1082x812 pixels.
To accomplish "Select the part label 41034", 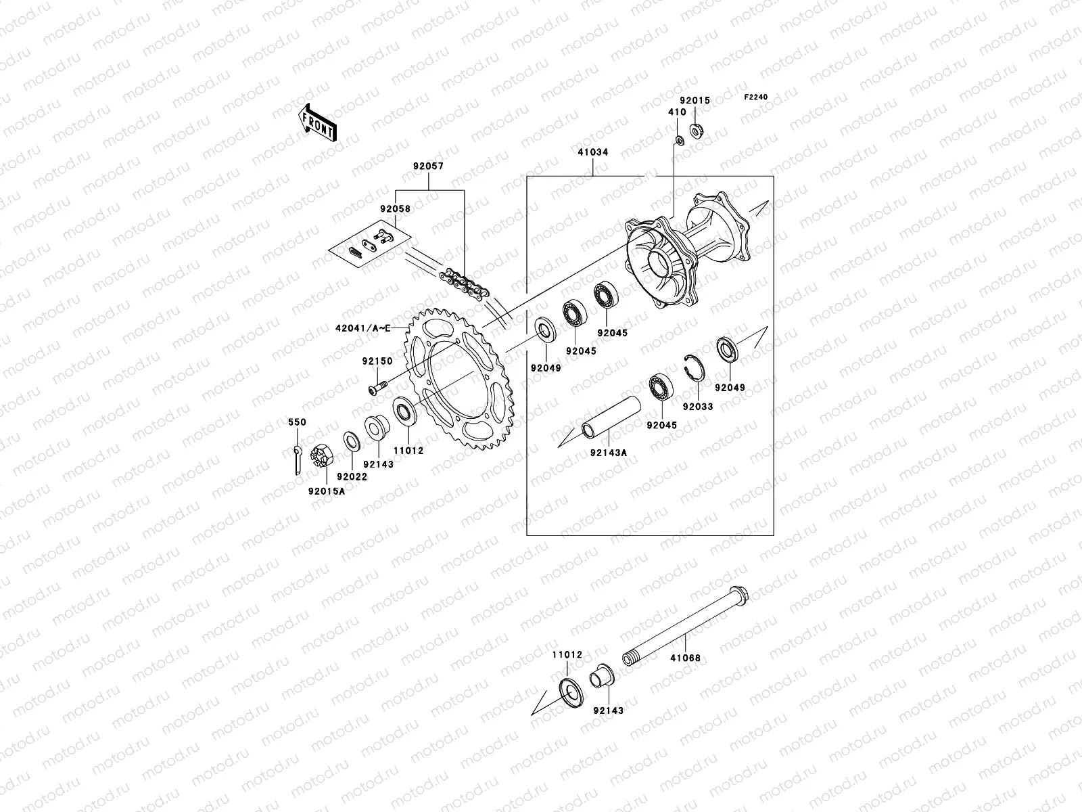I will pos(592,152).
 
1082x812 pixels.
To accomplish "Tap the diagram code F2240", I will pos(756,97).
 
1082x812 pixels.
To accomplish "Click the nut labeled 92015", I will pos(714,130).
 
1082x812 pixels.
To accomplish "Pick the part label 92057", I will pos(430,165).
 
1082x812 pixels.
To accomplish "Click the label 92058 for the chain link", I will pos(395,209).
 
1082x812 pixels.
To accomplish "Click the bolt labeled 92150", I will pos(376,389).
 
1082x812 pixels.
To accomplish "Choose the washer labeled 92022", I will pos(351,441).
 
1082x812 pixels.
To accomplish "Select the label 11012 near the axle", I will pos(566,655).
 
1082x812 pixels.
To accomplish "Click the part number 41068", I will pos(685,657).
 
